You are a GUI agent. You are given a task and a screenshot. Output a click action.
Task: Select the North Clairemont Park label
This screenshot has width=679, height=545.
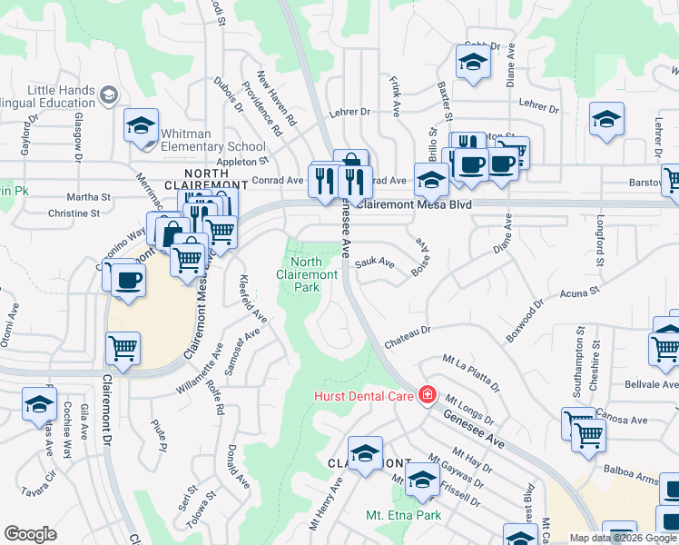tap(308, 274)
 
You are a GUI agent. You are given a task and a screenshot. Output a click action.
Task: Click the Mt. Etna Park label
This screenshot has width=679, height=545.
tap(403, 516)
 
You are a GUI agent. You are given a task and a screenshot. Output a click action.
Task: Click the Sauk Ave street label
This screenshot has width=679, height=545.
tap(375, 263)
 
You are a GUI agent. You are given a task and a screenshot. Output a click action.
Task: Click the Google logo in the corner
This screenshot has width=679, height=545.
tap(31, 534)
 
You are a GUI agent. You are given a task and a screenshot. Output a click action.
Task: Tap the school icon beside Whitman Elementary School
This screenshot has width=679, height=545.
tap(142, 125)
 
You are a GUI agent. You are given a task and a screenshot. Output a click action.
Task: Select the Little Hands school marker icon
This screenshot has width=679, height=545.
tap(109, 95)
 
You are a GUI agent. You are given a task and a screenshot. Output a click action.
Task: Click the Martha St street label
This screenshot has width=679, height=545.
tap(89, 196)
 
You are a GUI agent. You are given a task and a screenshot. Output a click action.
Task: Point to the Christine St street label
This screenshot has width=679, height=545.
tap(74, 213)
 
